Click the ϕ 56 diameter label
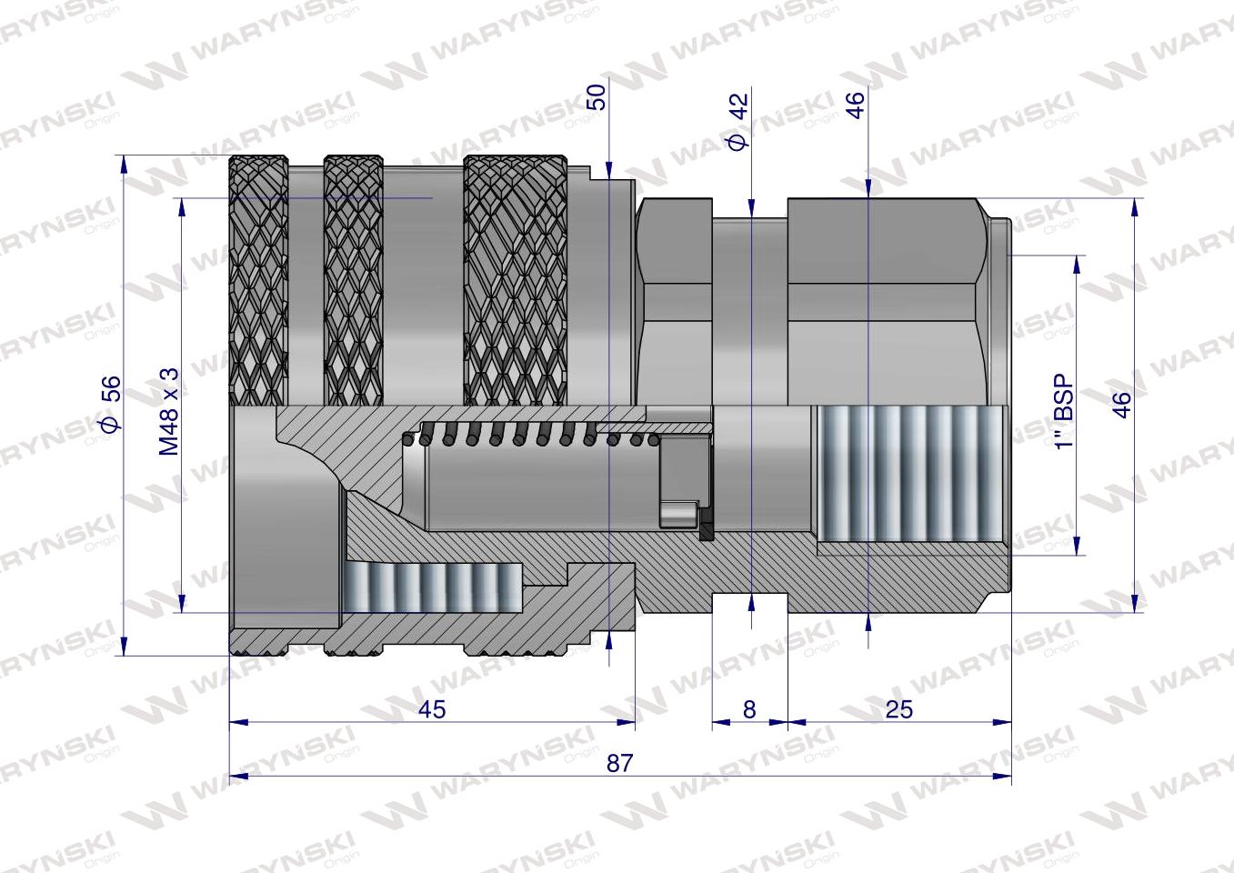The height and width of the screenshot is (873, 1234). pyautogui.click(x=108, y=405)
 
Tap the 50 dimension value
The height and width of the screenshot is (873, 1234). pyautogui.click(x=596, y=96)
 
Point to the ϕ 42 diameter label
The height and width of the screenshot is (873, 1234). pyautogui.click(x=737, y=121)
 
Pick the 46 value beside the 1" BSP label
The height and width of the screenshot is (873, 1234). pyautogui.click(x=1121, y=405)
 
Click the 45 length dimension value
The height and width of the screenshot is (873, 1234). pyautogui.click(x=433, y=708)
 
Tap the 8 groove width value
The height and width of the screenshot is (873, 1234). pyautogui.click(x=748, y=708)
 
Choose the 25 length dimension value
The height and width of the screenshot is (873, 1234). pyautogui.click(x=898, y=708)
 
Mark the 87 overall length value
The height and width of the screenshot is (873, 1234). pyautogui.click(x=619, y=763)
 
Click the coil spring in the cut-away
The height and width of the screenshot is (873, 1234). pyautogui.click(x=537, y=436)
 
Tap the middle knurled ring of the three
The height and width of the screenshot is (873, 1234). pyautogui.click(x=354, y=282)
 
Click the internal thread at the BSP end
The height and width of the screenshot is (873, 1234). pyautogui.click(x=909, y=477)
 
